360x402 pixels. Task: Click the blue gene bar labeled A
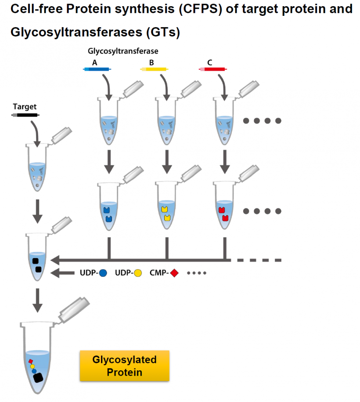[x=97, y=69]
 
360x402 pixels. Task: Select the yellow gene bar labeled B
[x=154, y=69]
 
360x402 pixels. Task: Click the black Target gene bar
[x=25, y=115]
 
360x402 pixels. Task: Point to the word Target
[x=25, y=106]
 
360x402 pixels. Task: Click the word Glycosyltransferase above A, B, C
[x=123, y=51]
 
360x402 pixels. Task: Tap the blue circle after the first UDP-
[x=103, y=273]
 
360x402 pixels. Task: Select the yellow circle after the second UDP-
[x=138, y=273]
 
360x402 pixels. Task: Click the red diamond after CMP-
[x=174, y=273]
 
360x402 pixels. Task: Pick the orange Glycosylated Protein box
[x=124, y=366]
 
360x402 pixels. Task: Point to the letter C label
[x=210, y=62]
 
